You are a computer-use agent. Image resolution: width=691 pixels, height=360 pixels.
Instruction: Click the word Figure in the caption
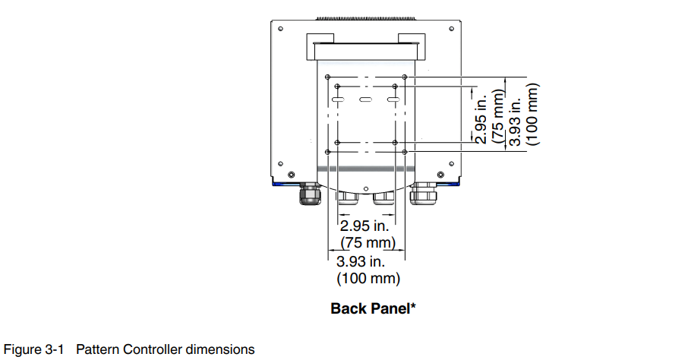coord(23,350)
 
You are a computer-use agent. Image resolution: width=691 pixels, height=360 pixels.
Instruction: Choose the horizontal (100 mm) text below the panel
coord(368,279)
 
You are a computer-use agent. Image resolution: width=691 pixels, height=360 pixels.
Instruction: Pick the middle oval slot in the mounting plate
coord(365,100)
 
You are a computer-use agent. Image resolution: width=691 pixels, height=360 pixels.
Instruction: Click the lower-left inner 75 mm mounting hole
coord(336,143)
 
